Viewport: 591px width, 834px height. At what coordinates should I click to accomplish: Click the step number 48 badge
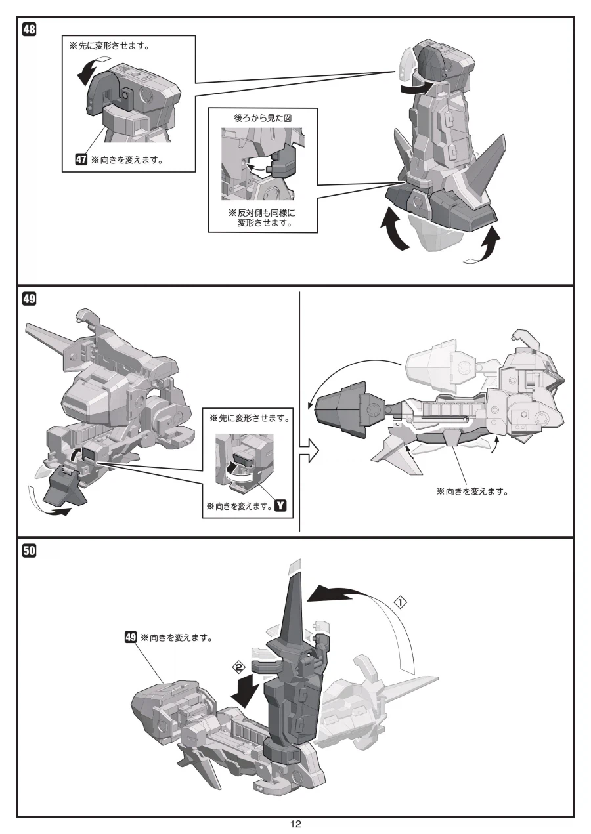(30, 30)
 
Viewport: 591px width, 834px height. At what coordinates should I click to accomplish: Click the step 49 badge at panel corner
(30, 299)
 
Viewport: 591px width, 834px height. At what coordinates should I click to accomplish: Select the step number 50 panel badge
(30, 551)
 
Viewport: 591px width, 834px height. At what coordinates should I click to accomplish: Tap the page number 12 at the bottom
(295, 824)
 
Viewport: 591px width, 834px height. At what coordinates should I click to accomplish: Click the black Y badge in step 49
(282, 505)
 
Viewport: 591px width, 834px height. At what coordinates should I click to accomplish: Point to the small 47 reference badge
(82, 159)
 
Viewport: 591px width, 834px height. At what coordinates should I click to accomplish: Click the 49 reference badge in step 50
(131, 636)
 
